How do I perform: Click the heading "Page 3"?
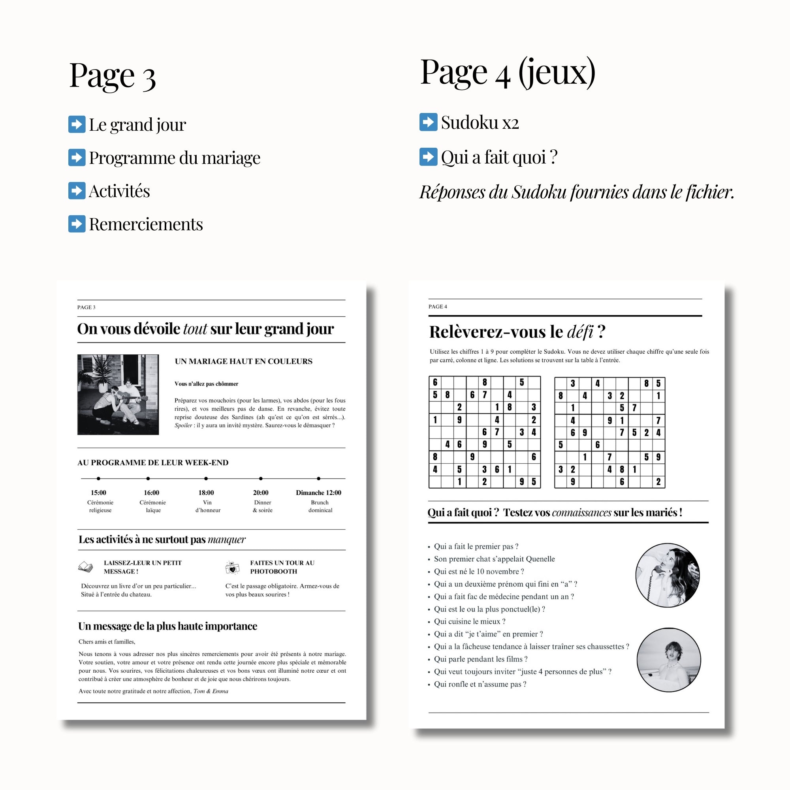tap(113, 76)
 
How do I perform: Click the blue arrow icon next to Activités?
tap(77, 190)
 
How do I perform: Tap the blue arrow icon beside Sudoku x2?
tap(428, 122)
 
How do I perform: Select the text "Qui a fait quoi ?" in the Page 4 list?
tap(499, 157)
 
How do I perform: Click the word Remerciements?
tap(146, 224)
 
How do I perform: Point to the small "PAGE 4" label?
tap(438, 307)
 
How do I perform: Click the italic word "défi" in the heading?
tap(580, 332)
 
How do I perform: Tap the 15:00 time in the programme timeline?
tap(98, 493)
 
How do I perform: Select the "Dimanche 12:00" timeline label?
tap(318, 493)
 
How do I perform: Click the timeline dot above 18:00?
tap(206, 478)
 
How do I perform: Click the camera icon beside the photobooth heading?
tap(232, 568)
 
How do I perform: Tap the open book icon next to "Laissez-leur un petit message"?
tap(85, 567)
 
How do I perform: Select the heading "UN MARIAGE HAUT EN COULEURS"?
tap(244, 361)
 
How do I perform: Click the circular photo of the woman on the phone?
tap(667, 575)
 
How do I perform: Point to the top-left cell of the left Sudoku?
tap(435, 382)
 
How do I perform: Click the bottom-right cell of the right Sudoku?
tap(658, 482)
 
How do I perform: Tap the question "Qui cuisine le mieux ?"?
tap(469, 621)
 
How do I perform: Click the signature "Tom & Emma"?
tap(211, 691)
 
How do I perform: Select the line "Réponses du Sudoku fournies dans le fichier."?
tap(577, 192)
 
